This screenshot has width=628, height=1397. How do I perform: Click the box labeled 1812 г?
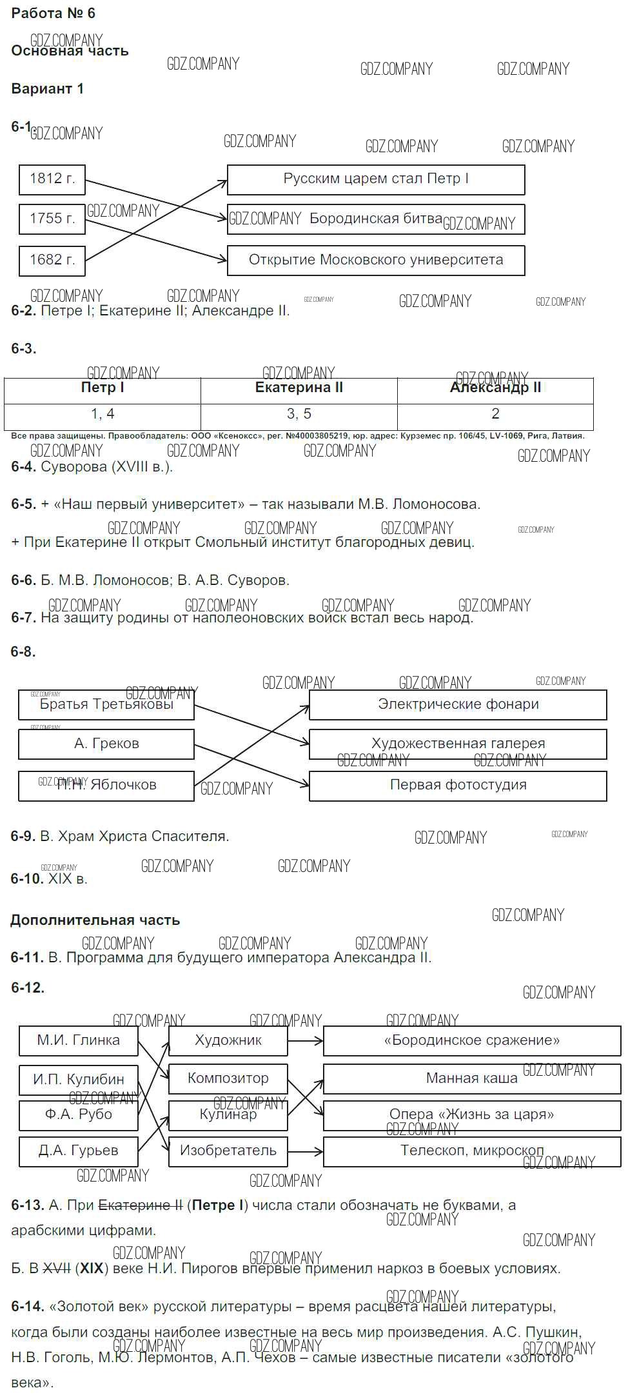pyautogui.click(x=52, y=179)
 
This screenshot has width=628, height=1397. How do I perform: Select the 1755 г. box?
pyautogui.click(x=52, y=219)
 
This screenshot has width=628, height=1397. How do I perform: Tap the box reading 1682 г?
pyautogui.click(x=52, y=261)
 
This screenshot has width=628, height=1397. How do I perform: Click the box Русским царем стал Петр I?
pyautogui.click(x=376, y=179)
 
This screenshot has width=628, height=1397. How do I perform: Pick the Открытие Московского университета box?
pyautogui.click(x=376, y=261)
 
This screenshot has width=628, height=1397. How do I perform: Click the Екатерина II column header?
pyautogui.click(x=299, y=388)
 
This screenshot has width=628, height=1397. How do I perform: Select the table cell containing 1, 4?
pyautogui.click(x=103, y=414)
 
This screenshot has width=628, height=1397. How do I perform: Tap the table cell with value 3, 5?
pyautogui.click(x=299, y=414)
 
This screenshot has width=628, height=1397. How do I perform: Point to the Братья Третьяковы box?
pyautogui.click(x=106, y=705)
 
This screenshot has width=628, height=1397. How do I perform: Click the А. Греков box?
pyautogui.click(x=106, y=744)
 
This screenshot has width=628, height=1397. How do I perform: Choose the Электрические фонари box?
pyautogui.click(x=458, y=705)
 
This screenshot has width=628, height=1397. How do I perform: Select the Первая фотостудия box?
pyautogui.click(x=458, y=786)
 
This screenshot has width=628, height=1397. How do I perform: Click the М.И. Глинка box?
pyautogui.click(x=79, y=1040)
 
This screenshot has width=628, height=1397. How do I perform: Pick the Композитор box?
pyautogui.click(x=228, y=1078)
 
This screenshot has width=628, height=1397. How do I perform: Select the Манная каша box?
pyautogui.click(x=472, y=1078)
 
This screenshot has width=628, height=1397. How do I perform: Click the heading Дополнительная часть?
pyautogui.click(x=95, y=920)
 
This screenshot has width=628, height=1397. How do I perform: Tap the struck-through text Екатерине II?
pyautogui.click(x=141, y=1205)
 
